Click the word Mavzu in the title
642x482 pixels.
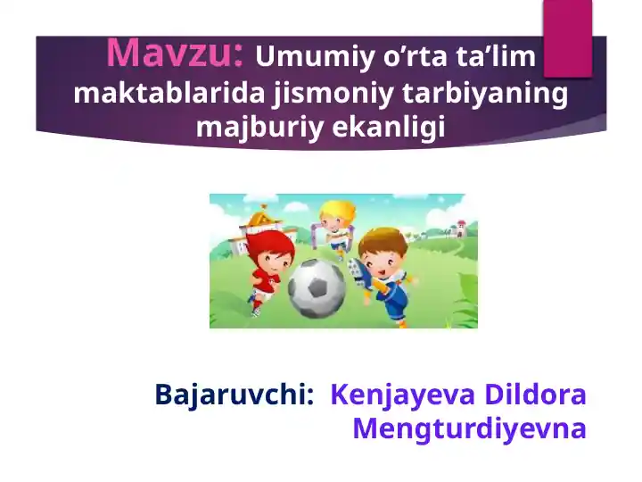pyautogui.click(x=174, y=54)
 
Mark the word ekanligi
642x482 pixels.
pyautogui.click(x=389, y=127)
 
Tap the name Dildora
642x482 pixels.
pyautogui.click(x=535, y=394)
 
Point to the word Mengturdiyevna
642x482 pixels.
pyautogui.click(x=469, y=428)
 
